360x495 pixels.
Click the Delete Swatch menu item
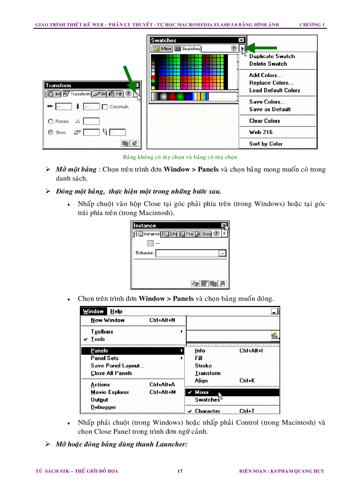(268, 64)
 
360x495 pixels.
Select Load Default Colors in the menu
(274, 90)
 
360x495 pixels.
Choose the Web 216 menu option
(261, 132)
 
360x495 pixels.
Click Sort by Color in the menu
(266, 144)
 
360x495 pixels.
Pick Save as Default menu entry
(270, 109)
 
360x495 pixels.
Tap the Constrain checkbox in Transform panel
(105, 107)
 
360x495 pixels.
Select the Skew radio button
(51, 132)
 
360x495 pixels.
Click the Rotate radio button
(51, 121)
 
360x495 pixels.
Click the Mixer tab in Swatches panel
(162, 49)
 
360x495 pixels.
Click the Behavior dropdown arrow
(222, 253)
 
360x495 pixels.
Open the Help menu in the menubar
(116, 312)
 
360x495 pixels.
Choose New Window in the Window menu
(108, 320)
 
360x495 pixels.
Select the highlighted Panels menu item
(100, 351)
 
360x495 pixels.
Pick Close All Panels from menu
(111, 373)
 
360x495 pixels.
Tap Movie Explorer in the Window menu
(110, 392)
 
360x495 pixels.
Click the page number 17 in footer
(180, 471)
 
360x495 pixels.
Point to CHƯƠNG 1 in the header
(312, 25)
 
